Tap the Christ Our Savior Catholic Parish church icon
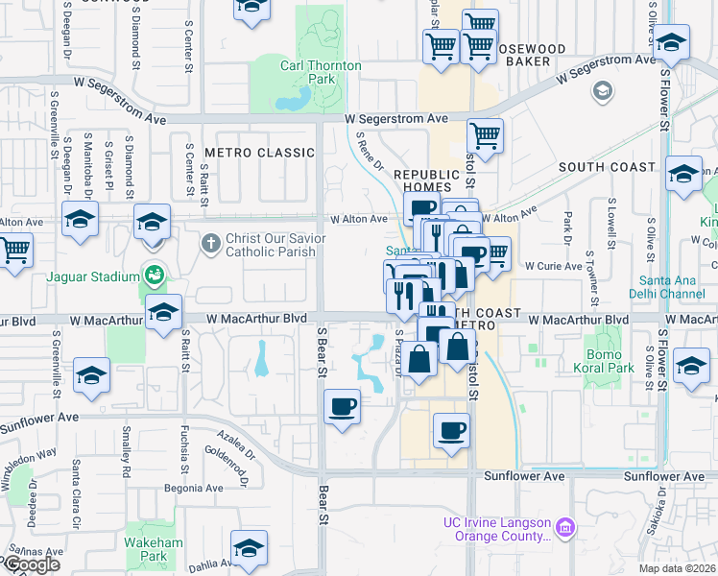coord(211,240)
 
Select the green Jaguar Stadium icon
coord(153,276)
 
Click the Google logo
coord(32,564)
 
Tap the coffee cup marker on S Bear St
coord(342,407)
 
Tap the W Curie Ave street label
coord(553,265)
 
